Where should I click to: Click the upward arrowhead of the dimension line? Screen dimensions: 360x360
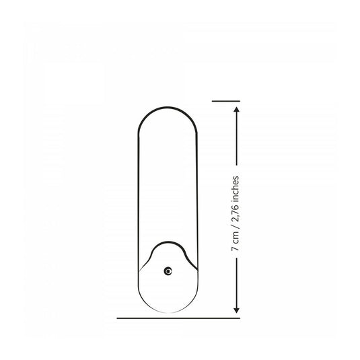(x=236, y=109)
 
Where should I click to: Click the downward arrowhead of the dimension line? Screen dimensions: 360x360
(x=236, y=310)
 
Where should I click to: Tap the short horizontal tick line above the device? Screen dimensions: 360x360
(x=226, y=101)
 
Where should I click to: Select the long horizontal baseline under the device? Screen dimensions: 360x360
(x=178, y=318)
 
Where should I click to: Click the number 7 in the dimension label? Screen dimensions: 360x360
(x=236, y=248)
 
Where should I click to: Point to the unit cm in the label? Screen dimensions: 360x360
(x=236, y=238)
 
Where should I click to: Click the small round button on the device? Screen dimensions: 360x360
(x=168, y=271)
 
